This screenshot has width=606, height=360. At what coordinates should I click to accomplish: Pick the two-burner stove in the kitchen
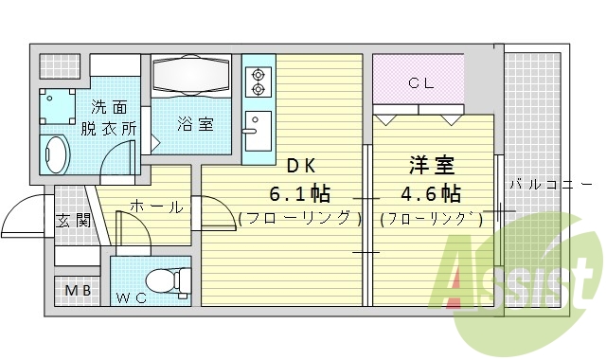click(257, 81)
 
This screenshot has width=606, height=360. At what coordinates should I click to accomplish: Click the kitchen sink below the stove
click(256, 127)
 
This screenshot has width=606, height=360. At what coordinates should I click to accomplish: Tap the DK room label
click(299, 166)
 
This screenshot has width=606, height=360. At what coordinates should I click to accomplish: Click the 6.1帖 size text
click(299, 194)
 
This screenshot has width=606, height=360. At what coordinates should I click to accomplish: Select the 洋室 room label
click(430, 166)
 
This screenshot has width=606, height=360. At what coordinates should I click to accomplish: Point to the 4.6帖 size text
click(430, 194)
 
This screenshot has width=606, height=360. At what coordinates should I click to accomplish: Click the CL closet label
click(419, 82)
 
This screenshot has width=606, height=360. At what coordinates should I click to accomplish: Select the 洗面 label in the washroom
click(110, 107)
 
